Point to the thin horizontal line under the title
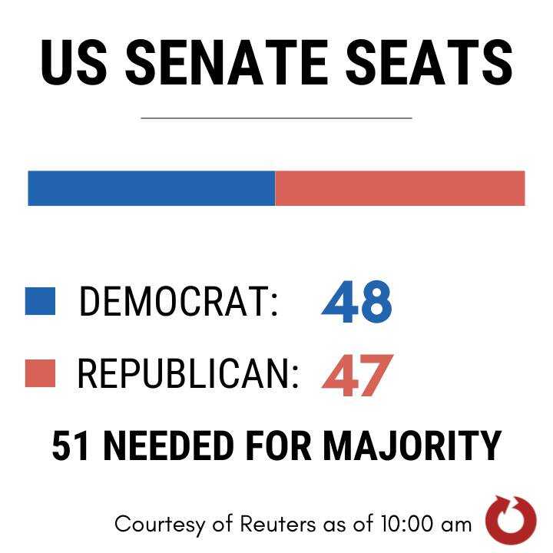point(276,118)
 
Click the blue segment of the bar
point(151,188)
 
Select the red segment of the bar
point(399,188)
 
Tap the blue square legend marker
point(40,301)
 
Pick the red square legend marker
point(40,374)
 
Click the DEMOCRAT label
point(178,302)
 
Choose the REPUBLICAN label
point(188,374)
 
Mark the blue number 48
point(356,302)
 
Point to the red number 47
point(356,376)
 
